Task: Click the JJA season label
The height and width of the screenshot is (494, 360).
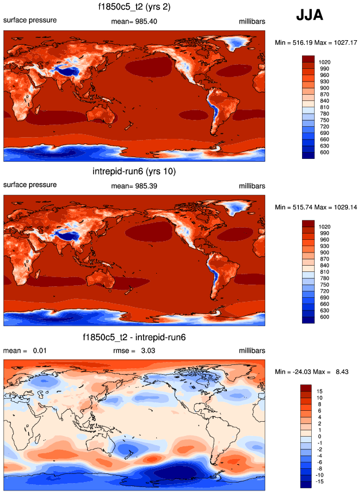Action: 309,16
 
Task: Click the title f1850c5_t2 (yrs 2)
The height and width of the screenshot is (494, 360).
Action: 134,7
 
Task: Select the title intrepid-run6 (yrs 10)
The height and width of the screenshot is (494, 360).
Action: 134,172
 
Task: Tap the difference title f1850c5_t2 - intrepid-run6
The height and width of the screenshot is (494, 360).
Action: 134,337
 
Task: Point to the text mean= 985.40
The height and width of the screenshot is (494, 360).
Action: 134,21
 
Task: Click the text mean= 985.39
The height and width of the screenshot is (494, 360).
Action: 134,185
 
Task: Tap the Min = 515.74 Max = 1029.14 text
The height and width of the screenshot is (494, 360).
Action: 316,207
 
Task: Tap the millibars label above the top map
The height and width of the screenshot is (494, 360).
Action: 251,21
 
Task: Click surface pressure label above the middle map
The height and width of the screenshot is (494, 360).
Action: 30,185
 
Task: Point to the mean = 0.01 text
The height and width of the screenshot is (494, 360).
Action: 22,351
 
